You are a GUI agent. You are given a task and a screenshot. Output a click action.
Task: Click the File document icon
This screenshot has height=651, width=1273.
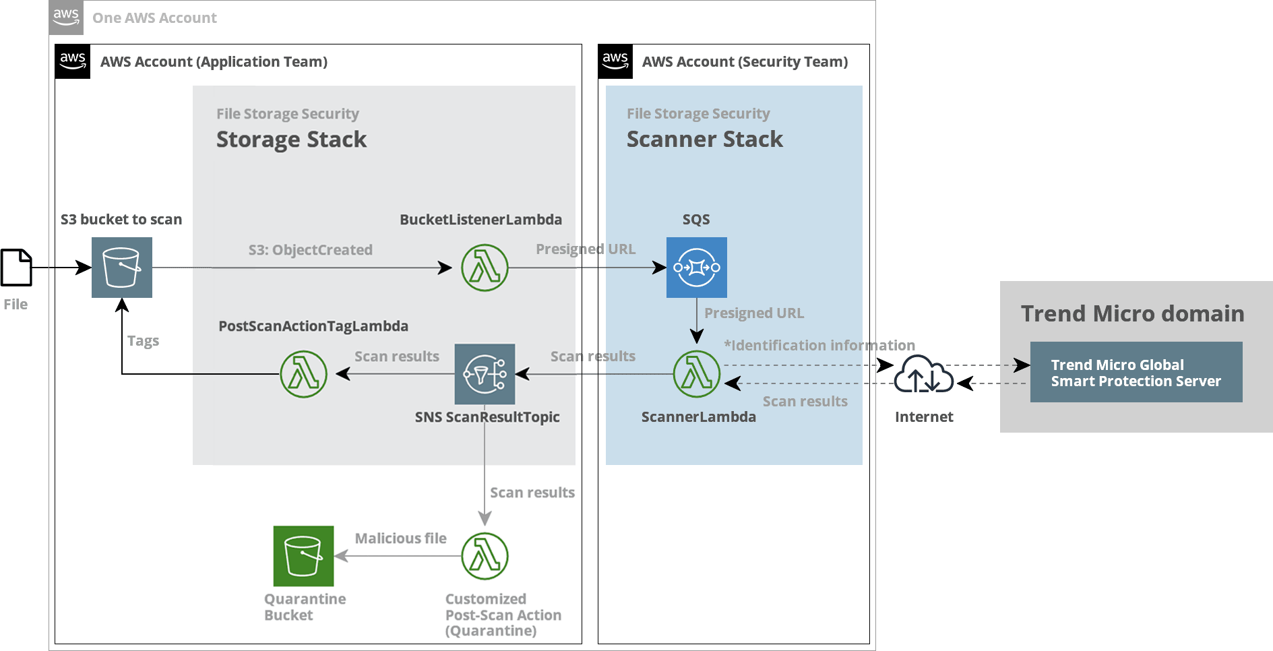tap(16, 268)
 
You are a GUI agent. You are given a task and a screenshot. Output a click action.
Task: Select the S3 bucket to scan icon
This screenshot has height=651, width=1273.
tap(122, 268)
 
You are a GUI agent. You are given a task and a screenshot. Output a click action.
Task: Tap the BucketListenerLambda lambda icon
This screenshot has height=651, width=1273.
tap(485, 268)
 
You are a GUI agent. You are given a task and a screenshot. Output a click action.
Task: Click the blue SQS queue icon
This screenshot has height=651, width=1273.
tap(696, 268)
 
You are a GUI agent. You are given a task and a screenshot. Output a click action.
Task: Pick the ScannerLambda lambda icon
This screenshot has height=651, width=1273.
tap(697, 374)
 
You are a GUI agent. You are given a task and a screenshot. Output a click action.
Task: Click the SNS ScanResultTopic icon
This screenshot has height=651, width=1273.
tap(485, 374)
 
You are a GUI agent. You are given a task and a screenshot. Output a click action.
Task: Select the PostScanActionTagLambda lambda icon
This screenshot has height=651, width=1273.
tap(304, 374)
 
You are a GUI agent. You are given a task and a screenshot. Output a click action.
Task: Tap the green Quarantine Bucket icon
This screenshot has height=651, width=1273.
tap(303, 556)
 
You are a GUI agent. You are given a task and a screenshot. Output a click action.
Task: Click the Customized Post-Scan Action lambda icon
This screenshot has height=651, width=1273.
tap(485, 556)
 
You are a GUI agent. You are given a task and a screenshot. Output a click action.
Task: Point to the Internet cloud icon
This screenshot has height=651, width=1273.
tap(923, 375)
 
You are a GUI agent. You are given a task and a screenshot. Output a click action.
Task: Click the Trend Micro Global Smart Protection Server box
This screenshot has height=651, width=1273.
tap(1136, 373)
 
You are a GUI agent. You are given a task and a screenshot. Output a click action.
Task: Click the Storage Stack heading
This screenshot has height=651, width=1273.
tap(291, 139)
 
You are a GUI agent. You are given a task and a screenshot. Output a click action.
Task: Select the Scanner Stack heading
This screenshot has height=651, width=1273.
tap(704, 139)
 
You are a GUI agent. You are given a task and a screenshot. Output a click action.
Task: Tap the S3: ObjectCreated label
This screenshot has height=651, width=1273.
tap(310, 250)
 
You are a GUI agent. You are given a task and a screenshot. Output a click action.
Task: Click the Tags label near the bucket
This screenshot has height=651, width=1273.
tap(143, 341)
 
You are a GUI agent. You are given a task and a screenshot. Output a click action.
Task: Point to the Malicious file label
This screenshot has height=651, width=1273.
tap(400, 538)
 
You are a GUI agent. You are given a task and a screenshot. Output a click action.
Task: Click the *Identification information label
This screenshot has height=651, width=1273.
tap(819, 346)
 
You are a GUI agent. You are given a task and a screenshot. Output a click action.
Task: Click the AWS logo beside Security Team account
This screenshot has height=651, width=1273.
tap(615, 61)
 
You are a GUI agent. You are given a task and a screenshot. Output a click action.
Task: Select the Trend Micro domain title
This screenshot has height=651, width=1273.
tap(1132, 314)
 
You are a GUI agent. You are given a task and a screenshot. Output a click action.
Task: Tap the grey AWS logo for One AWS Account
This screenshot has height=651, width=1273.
tap(66, 18)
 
